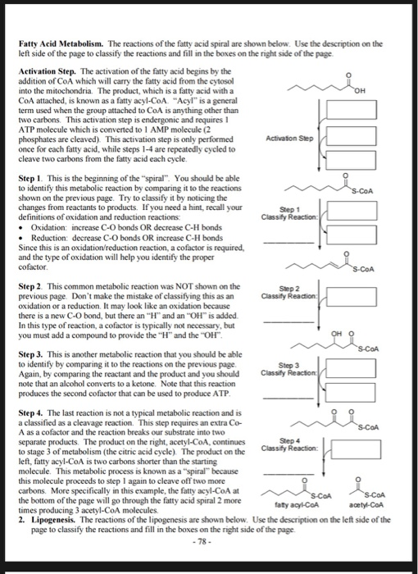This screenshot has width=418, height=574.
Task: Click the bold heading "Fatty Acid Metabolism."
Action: [x=61, y=44]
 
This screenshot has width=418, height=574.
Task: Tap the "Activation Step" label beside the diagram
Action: [x=289, y=139]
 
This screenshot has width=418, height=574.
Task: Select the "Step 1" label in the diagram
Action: [x=289, y=210]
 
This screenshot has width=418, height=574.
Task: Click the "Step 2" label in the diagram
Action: [x=289, y=289]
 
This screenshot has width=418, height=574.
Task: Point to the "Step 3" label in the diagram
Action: [x=289, y=366]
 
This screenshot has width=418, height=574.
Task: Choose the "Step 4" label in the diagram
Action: [x=289, y=441]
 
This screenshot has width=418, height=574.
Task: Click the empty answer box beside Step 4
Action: [x=356, y=449]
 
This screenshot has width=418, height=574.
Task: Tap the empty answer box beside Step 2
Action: [x=352, y=297]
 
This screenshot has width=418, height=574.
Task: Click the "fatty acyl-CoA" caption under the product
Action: [x=297, y=505]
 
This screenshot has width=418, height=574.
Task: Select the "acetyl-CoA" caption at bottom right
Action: [x=366, y=505]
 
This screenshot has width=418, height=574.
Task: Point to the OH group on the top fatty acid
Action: [x=360, y=91]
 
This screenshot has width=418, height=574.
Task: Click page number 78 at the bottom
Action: [x=202, y=541]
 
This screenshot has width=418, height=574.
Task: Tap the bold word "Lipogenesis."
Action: [x=53, y=520]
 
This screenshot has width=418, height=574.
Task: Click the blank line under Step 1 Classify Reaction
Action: [x=289, y=243]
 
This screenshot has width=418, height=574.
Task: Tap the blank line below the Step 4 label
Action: [x=289, y=474]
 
